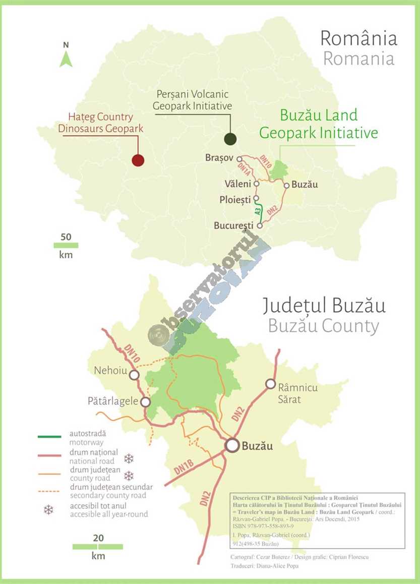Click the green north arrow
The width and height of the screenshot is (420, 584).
point(66,60)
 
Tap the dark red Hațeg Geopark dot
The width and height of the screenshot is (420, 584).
point(138,160)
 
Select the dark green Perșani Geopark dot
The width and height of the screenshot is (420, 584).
point(230,139)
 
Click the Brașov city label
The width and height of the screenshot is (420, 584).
point(219,158)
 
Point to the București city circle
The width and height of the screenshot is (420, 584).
point(260,226)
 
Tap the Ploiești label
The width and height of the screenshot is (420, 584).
point(235,200)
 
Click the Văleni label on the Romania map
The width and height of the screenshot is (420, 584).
point(238,183)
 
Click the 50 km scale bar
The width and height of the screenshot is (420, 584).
point(66,245)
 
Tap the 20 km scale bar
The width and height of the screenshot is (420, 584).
point(98,547)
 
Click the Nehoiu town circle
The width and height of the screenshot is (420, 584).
point(134,375)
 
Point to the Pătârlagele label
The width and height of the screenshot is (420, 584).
point(112,401)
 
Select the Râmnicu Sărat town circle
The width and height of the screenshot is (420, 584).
point(271,384)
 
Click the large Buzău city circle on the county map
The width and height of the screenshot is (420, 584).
point(232,445)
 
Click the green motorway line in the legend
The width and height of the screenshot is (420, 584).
point(49,436)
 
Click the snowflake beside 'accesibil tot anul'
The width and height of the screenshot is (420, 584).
point(48,510)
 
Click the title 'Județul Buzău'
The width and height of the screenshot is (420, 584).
point(324,306)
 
